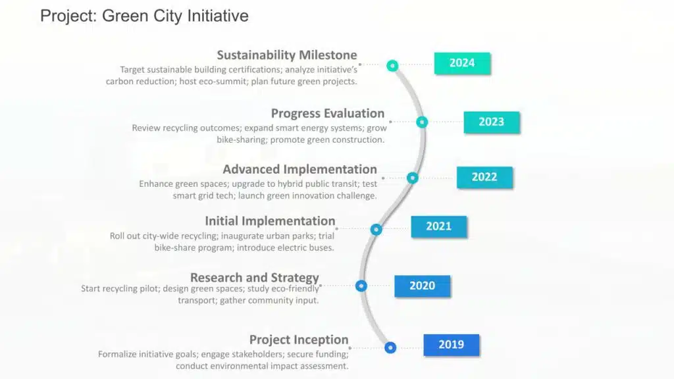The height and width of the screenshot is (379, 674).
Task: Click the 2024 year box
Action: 462,63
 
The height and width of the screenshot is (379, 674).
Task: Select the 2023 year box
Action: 491,122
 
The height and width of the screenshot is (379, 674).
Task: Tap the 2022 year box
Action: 484,177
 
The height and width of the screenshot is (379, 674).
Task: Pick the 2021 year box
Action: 438,226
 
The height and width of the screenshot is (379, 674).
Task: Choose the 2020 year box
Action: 422,286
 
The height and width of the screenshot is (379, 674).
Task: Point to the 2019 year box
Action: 452,345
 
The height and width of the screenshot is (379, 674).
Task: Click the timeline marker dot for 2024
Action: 392,66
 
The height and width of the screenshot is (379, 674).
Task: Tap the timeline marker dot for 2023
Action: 422,122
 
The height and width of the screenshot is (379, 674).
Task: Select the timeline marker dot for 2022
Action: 412,178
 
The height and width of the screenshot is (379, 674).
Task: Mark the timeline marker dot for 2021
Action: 376,230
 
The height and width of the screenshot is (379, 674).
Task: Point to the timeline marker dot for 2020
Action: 361,286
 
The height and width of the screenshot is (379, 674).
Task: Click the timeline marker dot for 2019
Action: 390,347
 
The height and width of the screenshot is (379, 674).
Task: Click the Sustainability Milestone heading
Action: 287,55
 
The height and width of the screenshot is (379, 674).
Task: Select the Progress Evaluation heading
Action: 328,113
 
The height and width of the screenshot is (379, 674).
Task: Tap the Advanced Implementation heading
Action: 299,169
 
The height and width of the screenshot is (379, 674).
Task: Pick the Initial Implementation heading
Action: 270,221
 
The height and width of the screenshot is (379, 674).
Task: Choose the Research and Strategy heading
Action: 255,278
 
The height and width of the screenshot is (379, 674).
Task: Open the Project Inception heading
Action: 299,340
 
